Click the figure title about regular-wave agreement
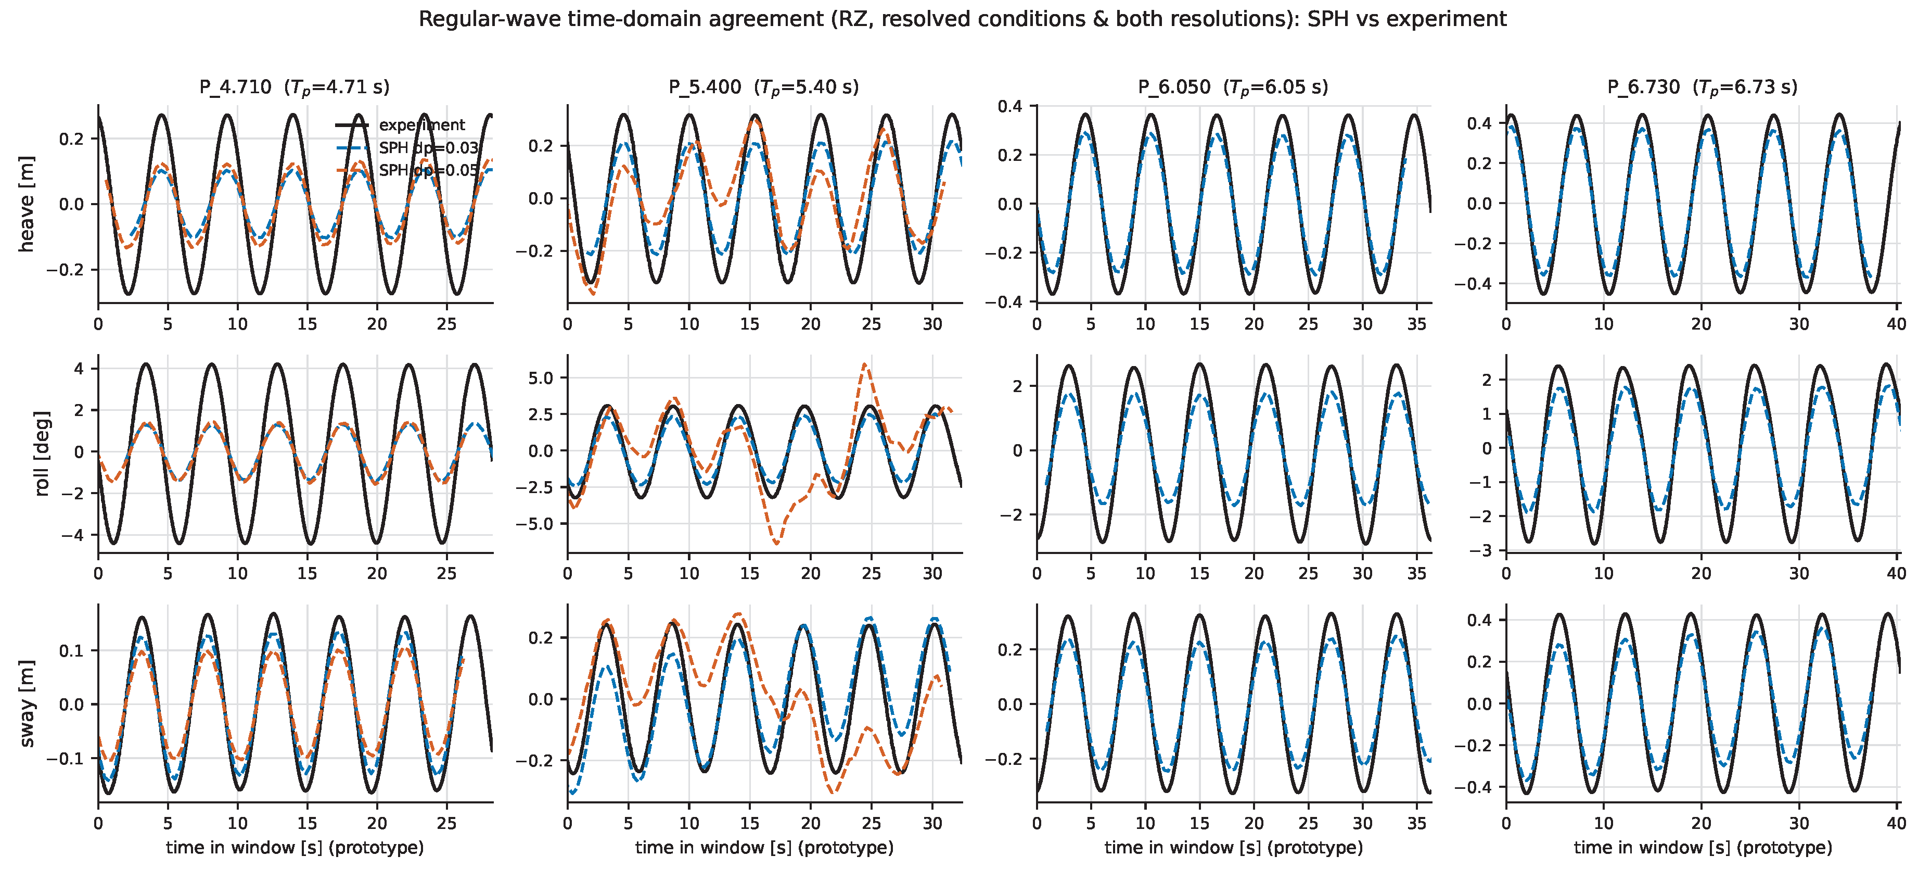963,19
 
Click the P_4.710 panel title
295,87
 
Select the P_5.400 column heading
764,87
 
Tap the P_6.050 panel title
1233,87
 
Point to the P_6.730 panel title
1703,87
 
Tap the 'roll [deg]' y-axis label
42,454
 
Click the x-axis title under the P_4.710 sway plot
295,847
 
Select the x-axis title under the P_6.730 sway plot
1703,847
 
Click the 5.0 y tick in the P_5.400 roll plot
541,378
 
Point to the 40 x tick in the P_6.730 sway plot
1897,823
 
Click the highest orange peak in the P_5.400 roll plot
866,364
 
